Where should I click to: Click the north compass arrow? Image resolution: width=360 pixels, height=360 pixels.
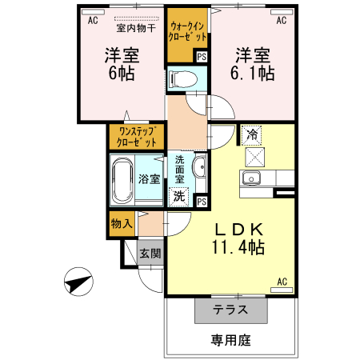[x=77, y=284]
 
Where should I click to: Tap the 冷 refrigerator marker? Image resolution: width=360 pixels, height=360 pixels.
[x=253, y=134]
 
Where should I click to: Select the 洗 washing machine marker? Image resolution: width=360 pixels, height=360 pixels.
[x=182, y=195]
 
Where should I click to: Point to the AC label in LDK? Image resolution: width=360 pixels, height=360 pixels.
[x=282, y=281]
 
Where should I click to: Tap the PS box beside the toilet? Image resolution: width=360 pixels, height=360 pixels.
[x=201, y=57]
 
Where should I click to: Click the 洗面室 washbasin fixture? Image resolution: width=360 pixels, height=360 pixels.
[x=200, y=167]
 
